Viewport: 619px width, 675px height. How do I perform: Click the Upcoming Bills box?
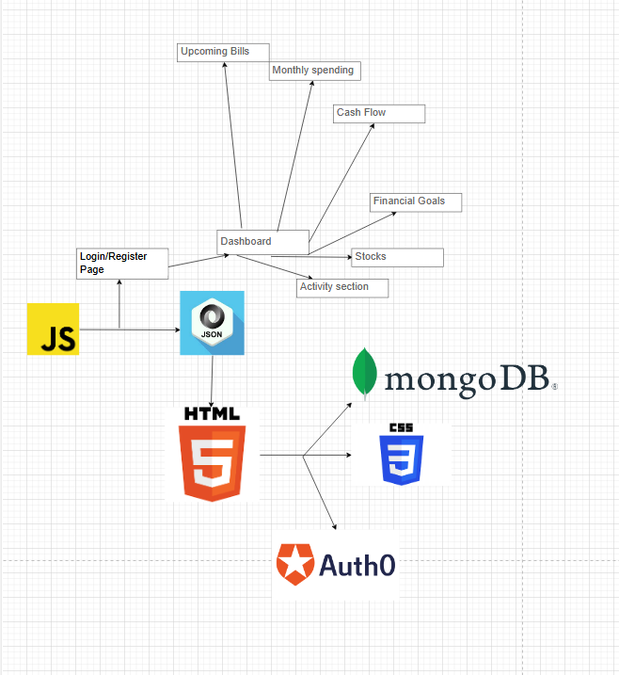[223, 53]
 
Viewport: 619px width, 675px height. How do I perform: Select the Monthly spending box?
[314, 71]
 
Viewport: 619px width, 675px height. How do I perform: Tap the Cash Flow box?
[380, 113]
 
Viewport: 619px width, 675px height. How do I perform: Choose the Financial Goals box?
[416, 201]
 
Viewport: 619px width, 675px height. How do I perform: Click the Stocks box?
[397, 257]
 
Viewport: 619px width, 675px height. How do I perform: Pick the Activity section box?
[342, 287]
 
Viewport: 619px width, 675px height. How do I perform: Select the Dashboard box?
[262, 242]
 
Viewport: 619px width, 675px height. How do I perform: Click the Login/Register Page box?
[122, 264]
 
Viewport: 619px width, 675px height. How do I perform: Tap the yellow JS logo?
[53, 329]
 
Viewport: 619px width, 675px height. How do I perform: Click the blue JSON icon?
[212, 323]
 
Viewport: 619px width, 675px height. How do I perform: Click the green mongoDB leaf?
[363, 374]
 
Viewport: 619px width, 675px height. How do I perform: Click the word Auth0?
[357, 565]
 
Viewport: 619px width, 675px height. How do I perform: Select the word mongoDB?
[467, 378]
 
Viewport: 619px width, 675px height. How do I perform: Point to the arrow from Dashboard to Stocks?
[329, 256]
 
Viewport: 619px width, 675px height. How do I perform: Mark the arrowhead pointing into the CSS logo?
[348, 456]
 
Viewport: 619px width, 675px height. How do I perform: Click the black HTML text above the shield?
[212, 413]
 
